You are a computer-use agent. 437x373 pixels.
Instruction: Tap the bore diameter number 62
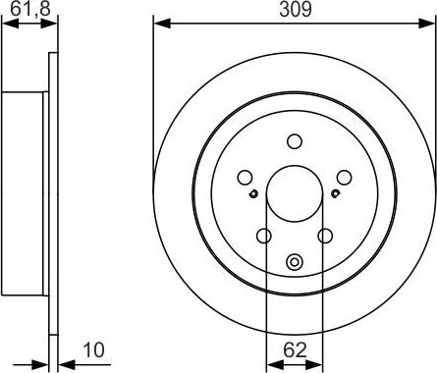pos(294,347)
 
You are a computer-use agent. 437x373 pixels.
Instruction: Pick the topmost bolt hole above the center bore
pos(294,141)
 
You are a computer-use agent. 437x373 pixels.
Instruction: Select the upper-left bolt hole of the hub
pos(245,177)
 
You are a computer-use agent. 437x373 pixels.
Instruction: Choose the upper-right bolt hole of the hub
pos(344,177)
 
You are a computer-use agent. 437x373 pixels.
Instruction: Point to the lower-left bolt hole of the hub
pos(263,236)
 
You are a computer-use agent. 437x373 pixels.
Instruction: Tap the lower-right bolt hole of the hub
pos(325,236)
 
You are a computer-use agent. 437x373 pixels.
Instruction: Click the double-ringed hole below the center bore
pos(294,262)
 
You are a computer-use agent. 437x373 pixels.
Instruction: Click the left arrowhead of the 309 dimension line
pos(158,23)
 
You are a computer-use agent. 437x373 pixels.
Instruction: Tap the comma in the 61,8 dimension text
pos(27,14)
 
